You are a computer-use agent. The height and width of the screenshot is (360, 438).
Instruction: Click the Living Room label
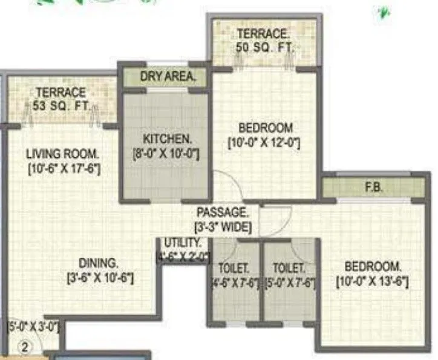pos(64,154)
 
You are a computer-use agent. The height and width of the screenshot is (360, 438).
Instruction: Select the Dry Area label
pos(168,77)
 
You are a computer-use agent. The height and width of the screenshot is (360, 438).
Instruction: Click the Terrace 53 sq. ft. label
pos(60,100)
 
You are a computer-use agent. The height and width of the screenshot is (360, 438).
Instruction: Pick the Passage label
pos(223,212)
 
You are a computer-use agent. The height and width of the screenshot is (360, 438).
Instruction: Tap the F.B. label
pos(372,188)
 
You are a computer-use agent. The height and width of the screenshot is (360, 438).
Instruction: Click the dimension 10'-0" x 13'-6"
pos(373,281)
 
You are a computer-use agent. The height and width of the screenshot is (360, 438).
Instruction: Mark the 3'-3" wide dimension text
pos(223,227)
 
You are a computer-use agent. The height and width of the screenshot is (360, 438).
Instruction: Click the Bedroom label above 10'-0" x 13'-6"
pos(373,266)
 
